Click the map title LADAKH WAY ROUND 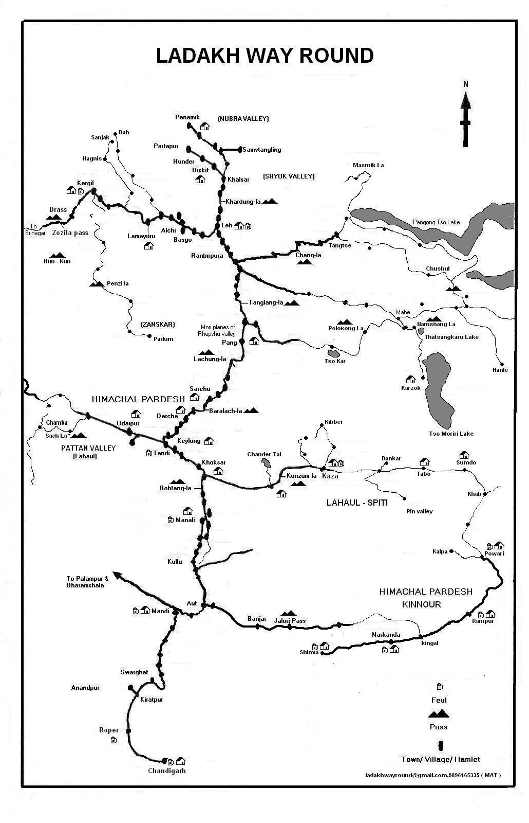[264, 56]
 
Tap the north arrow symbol [465, 118]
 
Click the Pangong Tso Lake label [436, 222]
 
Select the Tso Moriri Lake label [451, 434]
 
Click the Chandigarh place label [166, 771]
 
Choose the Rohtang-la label [175, 488]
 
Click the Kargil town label [85, 183]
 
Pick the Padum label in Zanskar [163, 339]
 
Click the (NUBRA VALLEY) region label [243, 119]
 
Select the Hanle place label [500, 370]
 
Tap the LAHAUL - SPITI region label [357, 503]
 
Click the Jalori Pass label [290, 621]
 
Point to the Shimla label [309, 652]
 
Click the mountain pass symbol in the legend [439, 713]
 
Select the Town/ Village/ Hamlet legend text [440, 759]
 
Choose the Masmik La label [368, 165]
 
